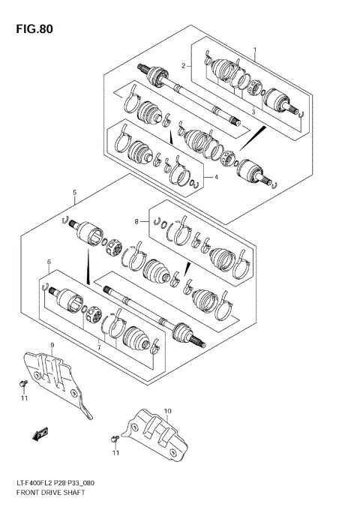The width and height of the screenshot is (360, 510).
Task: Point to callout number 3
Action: coord(253,112)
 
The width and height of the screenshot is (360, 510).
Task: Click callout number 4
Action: coord(216,177)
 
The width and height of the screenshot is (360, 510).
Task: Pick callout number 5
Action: coord(75,193)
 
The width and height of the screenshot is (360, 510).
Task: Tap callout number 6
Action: coord(49,262)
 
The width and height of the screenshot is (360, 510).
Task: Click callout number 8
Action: coord(137,221)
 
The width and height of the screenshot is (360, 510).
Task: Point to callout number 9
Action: coord(52,345)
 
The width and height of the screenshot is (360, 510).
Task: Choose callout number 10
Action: coord(167,411)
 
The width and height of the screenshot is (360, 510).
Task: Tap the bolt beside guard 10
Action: coord(114,437)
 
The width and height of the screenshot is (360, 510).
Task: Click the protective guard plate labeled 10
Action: coord(157,432)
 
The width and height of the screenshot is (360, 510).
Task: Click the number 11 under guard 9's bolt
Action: coord(23,398)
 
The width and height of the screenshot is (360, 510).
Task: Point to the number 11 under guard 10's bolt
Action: coord(116,453)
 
